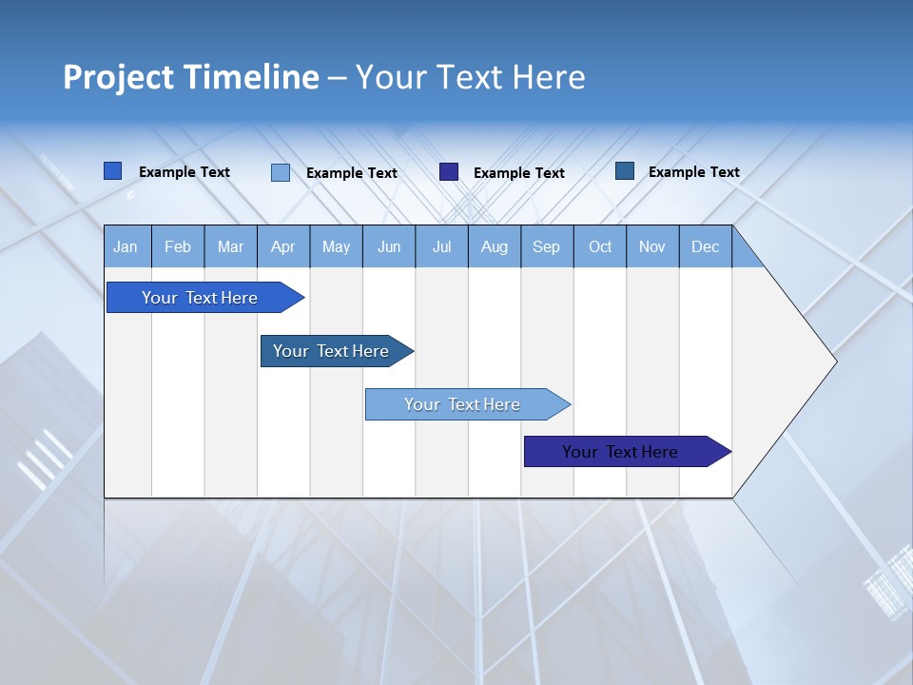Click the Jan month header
click(126, 247)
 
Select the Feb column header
click(178, 247)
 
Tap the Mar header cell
click(230, 247)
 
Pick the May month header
click(336, 247)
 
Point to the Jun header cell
click(389, 247)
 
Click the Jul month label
click(441, 247)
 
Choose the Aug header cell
click(495, 247)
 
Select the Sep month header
click(547, 247)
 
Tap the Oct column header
click(600, 247)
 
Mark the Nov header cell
click(652, 247)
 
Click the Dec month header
click(706, 247)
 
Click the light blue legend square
click(281, 172)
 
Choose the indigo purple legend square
click(449, 171)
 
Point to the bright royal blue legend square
click(113, 171)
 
